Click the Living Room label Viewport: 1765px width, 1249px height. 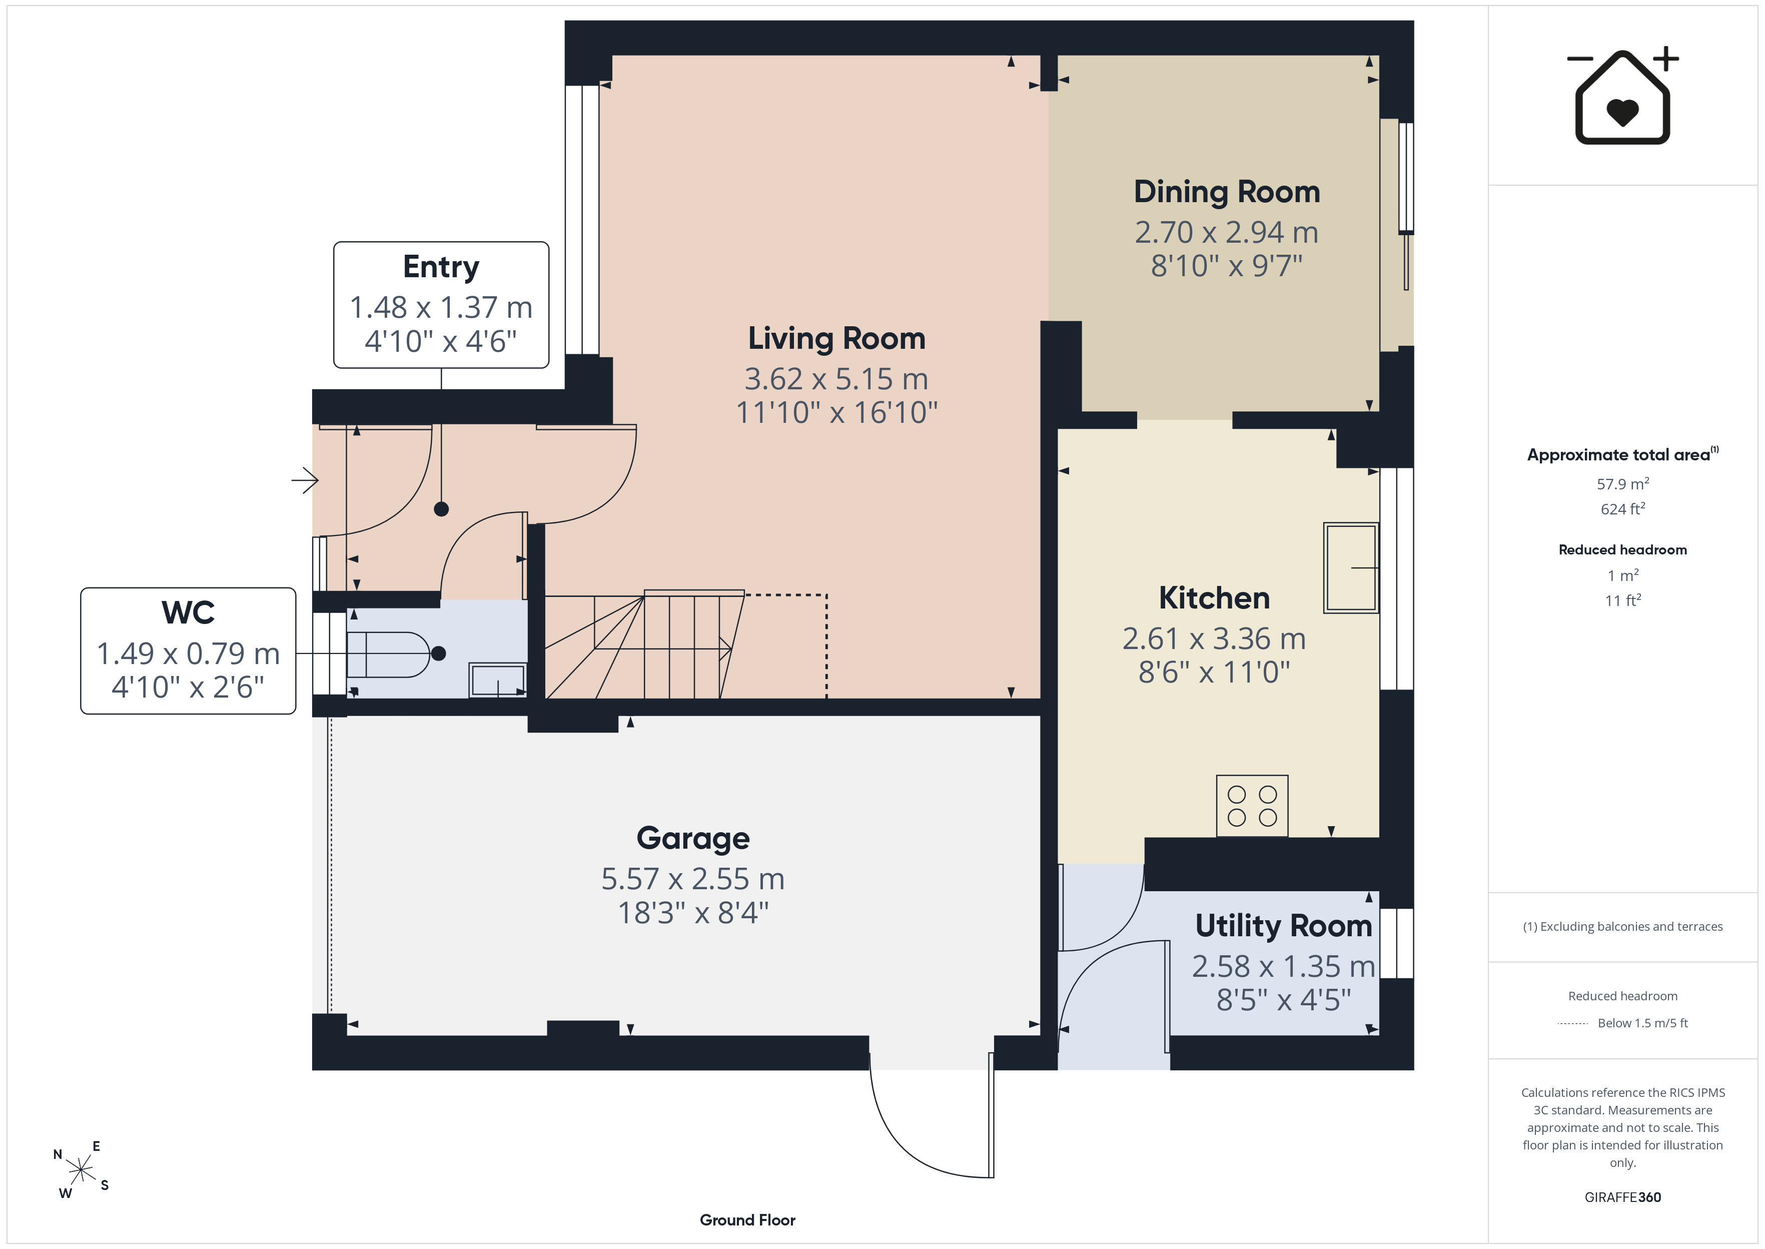pos(836,338)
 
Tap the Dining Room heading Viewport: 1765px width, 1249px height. pos(1227,192)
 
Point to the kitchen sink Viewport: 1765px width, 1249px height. pos(1351,567)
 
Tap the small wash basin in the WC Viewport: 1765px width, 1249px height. pos(498,680)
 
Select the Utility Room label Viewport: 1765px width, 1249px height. pos(1283,926)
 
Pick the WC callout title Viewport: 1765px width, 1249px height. pos(188,613)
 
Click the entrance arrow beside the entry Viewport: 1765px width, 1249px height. pos(305,481)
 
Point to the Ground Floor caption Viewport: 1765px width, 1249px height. pos(747,1220)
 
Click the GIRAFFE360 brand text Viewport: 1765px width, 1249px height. pos(1623,1197)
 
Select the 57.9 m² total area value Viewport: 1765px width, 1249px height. pos(1623,484)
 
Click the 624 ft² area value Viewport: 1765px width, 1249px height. pos(1623,509)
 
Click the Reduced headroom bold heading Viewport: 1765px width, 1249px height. pos(1623,550)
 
